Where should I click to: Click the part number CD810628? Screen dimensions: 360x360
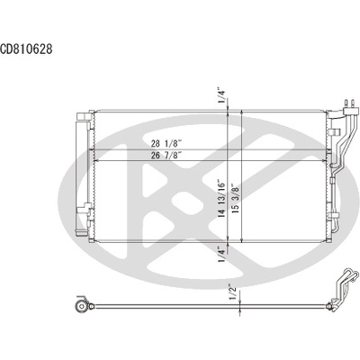point(27,49)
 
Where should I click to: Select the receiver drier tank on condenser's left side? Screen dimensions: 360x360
point(82,180)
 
